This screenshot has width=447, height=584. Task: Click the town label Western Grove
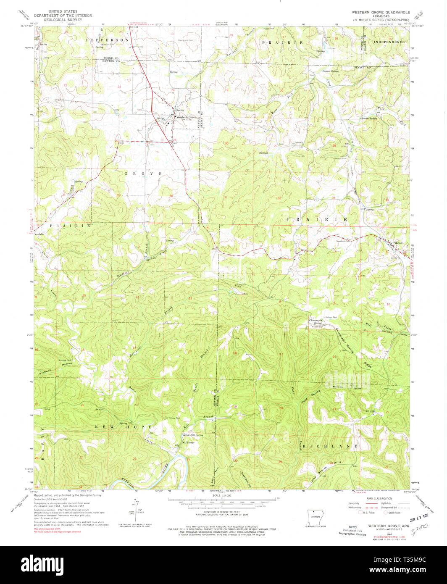point(186,117)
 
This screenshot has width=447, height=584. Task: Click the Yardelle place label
point(39,234)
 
